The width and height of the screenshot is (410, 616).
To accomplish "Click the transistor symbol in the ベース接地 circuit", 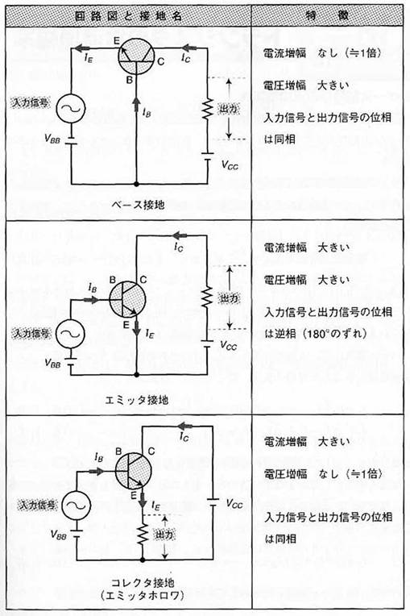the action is [x=136, y=56].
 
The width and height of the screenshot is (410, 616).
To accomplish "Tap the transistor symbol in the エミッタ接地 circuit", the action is [x=126, y=299].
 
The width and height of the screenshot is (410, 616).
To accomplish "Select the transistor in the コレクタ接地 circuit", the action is [x=133, y=471].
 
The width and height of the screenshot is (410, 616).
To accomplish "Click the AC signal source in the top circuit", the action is [x=71, y=108].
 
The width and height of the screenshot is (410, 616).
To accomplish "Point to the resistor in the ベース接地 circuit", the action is [x=208, y=110].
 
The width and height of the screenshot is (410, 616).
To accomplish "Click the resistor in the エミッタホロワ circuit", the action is [x=143, y=535].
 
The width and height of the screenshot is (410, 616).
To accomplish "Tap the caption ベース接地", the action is [x=138, y=204].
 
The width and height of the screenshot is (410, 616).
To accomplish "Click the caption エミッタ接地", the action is [x=137, y=400].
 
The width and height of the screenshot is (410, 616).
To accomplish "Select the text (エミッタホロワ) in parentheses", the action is [x=143, y=595].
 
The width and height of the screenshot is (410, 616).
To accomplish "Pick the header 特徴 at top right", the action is [x=327, y=16].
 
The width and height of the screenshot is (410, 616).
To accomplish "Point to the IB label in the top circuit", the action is [x=147, y=113].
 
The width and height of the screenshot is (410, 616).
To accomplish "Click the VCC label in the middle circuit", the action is [x=228, y=346].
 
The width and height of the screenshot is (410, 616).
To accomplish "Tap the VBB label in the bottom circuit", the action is [x=59, y=535].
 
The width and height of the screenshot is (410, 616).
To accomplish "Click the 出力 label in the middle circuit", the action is [x=228, y=298].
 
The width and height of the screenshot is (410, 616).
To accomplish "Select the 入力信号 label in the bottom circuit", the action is [x=38, y=506].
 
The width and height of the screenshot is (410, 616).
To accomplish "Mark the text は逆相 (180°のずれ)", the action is [x=316, y=334].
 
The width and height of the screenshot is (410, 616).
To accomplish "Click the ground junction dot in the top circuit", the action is [x=136, y=184].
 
